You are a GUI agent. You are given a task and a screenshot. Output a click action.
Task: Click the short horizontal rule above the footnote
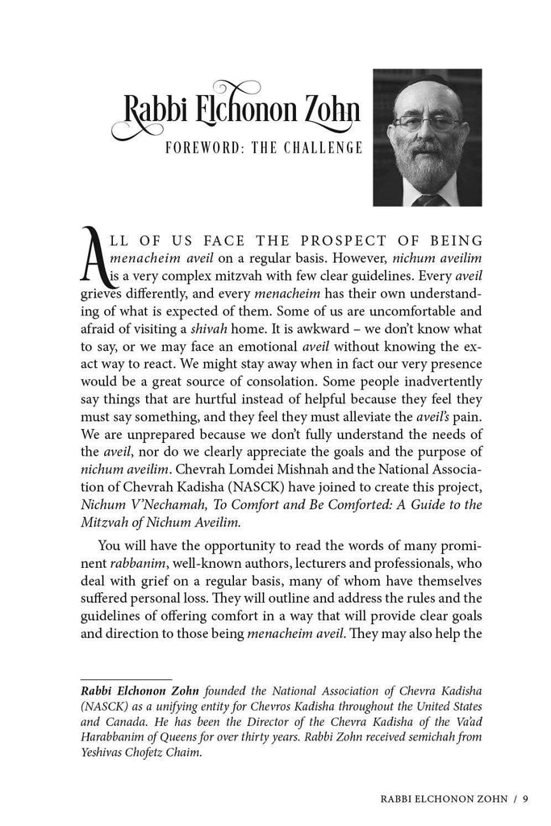125,679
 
